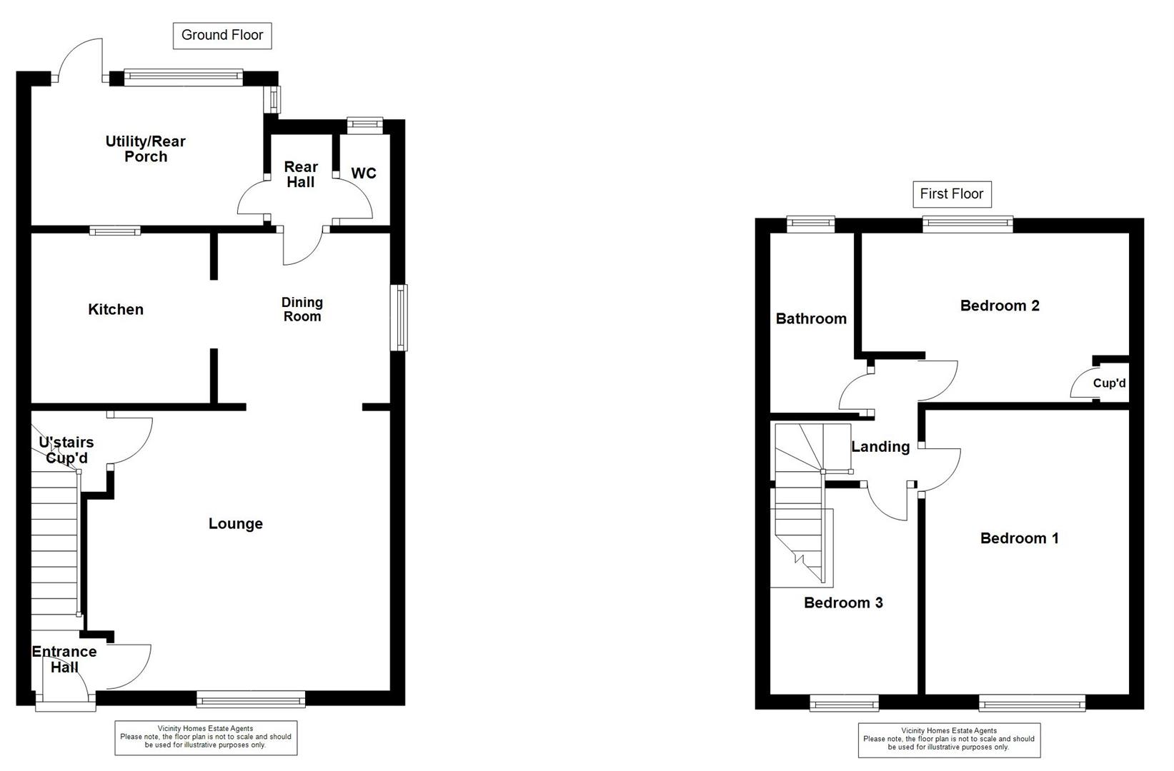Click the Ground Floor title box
(222, 36)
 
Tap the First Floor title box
(951, 194)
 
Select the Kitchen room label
(116, 309)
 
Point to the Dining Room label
(302, 310)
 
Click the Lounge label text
(236, 524)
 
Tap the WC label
(364, 173)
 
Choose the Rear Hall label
(300, 174)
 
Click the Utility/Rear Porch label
(146, 148)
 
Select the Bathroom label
(811, 318)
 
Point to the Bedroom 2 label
(1000, 306)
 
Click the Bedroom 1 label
(1019, 538)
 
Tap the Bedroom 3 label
(843, 603)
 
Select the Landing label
(880, 447)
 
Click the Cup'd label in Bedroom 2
(1109, 383)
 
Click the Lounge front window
(251, 698)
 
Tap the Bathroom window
(811, 224)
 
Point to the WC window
(365, 125)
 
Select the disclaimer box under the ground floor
(206, 737)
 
